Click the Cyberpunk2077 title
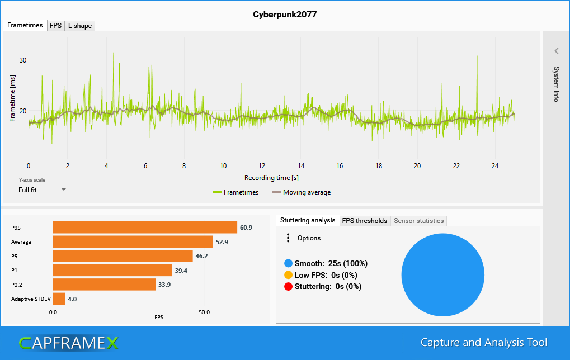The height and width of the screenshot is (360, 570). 285,15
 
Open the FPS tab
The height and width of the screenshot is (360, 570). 56,26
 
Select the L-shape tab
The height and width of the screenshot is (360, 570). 79,26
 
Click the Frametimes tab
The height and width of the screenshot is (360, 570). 25,26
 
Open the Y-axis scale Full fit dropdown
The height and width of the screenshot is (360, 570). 42,190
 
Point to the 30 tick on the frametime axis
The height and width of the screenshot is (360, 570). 23,60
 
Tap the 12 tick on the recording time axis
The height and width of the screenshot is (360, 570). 262,166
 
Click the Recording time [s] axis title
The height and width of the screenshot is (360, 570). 271,178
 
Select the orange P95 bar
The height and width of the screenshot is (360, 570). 145,228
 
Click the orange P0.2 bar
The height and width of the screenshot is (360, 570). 104,285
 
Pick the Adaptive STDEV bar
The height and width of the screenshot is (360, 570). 59,299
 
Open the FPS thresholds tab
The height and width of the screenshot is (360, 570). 365,221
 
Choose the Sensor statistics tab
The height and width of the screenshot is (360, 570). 418,221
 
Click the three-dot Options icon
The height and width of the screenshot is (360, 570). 288,238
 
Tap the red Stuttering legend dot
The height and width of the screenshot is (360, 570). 288,287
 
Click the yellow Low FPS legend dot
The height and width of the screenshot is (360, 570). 288,275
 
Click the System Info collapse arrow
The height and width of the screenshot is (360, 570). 557,51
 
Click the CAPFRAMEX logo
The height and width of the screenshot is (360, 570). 68,343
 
